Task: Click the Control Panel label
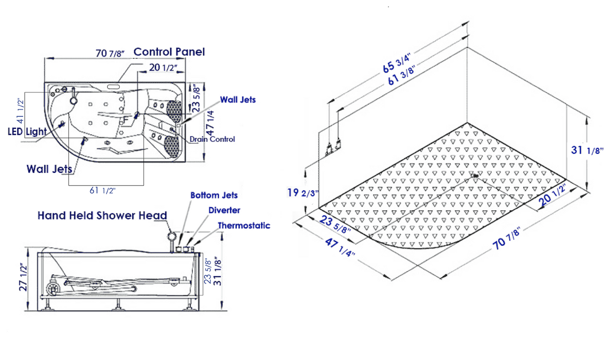tap(169, 52)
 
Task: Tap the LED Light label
tap(27, 132)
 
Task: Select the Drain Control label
tap(212, 139)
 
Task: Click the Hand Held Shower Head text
tap(102, 215)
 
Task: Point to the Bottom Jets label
tap(214, 195)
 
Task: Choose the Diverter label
tap(224, 210)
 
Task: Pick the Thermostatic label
tap(243, 225)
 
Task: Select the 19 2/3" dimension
tap(303, 193)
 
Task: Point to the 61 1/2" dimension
tap(102, 190)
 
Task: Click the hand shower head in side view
tap(172, 237)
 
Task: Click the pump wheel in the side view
tap(51, 290)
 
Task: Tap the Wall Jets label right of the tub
tap(238, 100)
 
